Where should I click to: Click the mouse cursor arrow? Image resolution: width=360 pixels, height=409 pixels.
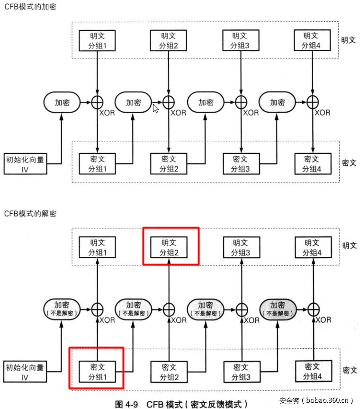[x=155, y=108]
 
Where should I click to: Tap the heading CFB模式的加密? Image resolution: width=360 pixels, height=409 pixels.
[x=30, y=7]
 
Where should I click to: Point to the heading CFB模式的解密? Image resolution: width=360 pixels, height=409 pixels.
[x=30, y=214]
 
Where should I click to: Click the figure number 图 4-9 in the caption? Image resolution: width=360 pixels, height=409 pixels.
[x=127, y=404]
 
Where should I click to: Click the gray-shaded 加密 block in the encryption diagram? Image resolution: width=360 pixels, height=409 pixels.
[x=277, y=102]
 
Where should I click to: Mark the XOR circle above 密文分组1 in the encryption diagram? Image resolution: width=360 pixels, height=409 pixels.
[x=97, y=102]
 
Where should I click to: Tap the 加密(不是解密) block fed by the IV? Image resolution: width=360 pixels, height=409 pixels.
[x=62, y=309]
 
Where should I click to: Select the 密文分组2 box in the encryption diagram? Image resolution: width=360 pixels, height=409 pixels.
[x=169, y=164]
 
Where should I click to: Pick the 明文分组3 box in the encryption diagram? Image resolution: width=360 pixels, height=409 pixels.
[x=241, y=40]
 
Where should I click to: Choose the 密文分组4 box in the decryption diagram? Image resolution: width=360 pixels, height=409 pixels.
[x=312, y=371]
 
